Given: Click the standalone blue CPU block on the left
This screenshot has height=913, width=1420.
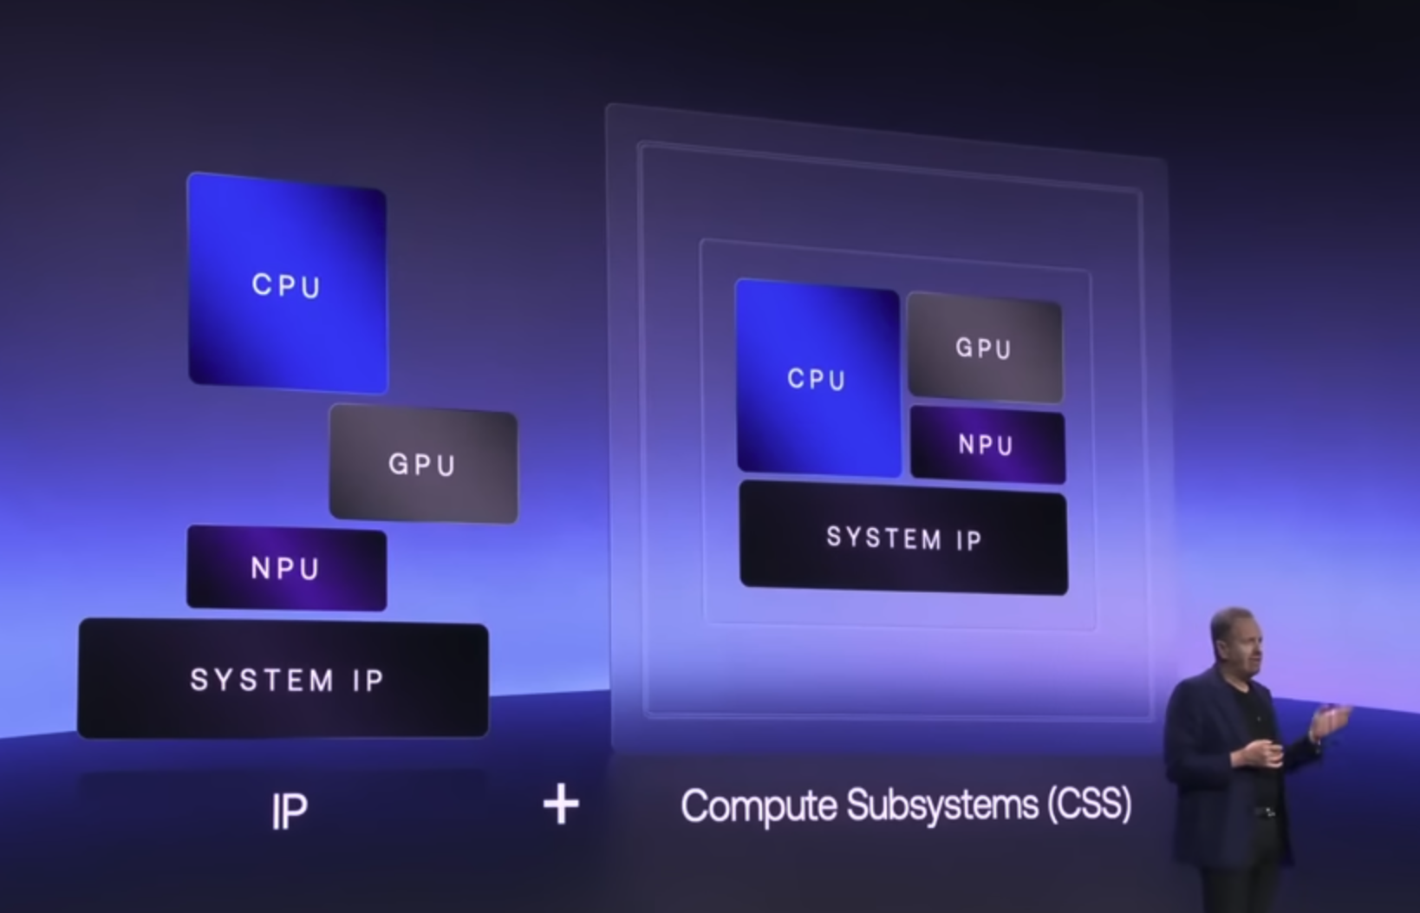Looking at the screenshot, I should point(287,284).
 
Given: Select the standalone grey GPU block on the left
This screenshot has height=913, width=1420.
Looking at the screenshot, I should point(423,465).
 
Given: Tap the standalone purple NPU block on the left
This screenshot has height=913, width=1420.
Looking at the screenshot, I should point(286,568).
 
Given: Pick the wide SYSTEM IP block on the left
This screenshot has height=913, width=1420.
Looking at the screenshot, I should point(283,679).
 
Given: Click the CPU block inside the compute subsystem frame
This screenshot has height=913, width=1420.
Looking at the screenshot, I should point(817,378).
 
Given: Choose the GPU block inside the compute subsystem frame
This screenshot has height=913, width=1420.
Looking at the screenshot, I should point(984,349).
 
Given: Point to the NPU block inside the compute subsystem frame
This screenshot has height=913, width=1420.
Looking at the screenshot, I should point(987,445).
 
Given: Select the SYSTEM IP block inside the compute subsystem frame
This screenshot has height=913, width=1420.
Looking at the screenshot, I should point(903,538).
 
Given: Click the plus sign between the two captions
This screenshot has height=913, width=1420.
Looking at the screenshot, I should point(561,804).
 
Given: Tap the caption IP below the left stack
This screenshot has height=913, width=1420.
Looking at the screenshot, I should point(289,811).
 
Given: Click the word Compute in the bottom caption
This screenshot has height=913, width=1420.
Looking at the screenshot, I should point(759,805).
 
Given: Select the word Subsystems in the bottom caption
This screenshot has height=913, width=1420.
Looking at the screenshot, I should point(942,805).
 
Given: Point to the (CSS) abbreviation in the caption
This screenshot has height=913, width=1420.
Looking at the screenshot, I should point(1089,804).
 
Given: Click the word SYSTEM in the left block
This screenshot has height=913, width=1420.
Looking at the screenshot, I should point(262,680).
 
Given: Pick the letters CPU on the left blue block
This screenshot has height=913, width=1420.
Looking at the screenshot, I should point(287,285).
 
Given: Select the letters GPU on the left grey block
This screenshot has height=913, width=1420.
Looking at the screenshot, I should point(422,465).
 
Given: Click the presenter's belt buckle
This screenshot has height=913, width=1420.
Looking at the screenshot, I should point(1265,812).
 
